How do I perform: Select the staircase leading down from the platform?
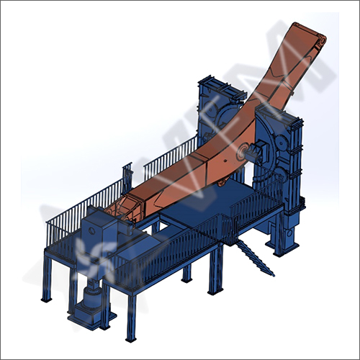point(254,256)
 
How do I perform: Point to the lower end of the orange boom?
point(122,209)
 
